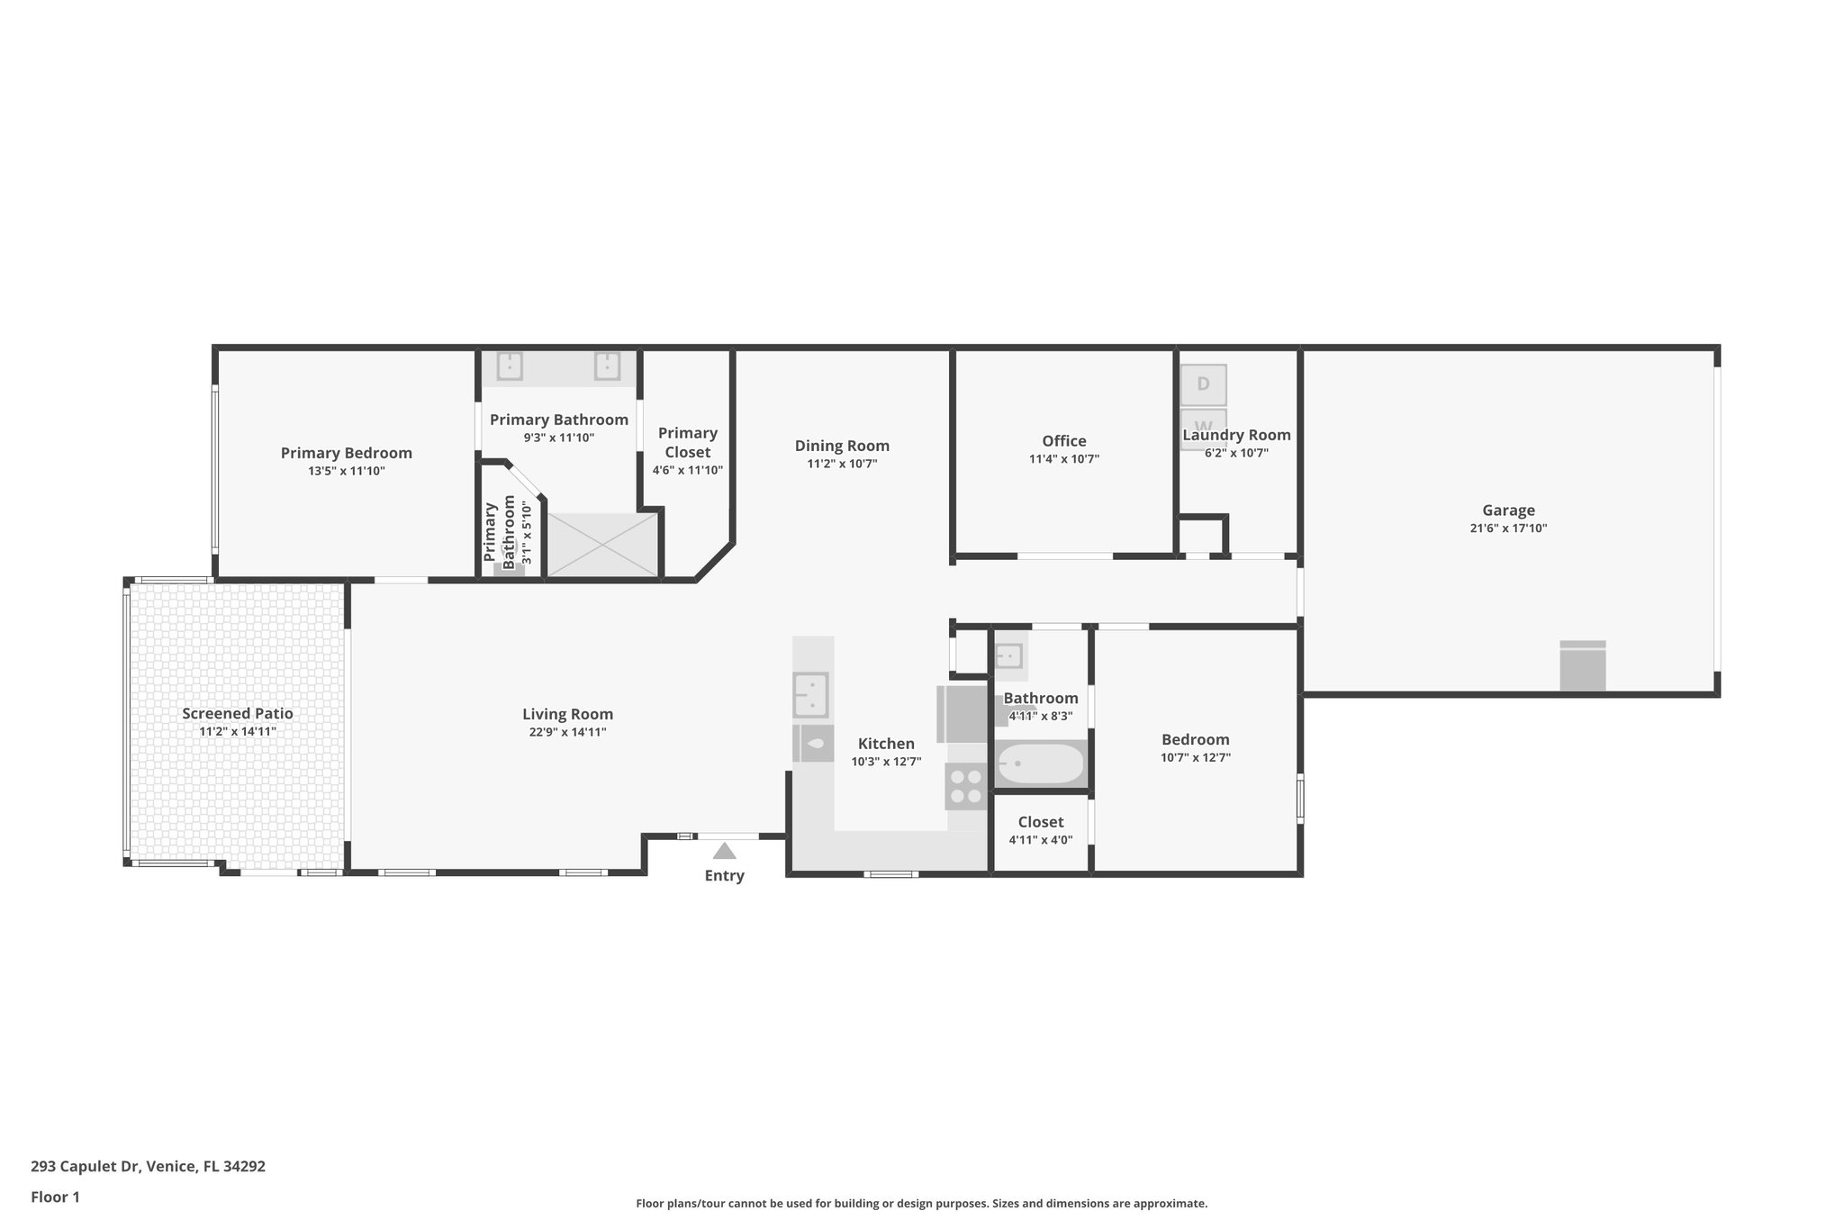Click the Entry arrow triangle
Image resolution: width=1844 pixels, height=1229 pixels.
point(724,852)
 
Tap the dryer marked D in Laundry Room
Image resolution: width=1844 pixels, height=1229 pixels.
point(1203,384)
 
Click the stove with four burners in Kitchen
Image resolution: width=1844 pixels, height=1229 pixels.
point(966,786)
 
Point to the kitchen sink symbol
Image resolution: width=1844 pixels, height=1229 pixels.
point(811,695)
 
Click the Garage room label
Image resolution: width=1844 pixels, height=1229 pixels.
point(1508,511)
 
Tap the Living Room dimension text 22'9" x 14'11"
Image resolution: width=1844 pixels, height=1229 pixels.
point(567,732)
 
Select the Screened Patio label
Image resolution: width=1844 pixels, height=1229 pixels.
point(238,714)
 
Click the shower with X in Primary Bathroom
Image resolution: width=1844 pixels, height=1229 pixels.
point(603,544)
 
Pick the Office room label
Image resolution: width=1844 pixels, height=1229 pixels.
point(1063,441)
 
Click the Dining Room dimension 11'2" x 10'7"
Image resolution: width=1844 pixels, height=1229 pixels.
point(842,464)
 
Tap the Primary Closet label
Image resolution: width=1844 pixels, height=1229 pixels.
point(687,442)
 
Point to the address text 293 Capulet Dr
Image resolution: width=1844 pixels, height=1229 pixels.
point(148,1167)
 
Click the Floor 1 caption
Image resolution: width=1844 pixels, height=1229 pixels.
point(55,1197)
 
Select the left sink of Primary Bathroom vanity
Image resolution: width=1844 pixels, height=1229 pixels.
point(510,366)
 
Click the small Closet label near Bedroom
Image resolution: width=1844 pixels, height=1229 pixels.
point(1040,822)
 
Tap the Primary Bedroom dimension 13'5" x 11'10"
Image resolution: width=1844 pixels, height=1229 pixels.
point(346,471)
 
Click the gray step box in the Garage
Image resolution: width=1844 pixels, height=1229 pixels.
point(1582,666)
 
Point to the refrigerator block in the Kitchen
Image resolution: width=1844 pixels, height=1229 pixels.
point(963,713)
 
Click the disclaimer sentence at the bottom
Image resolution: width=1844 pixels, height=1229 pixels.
point(921,1203)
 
